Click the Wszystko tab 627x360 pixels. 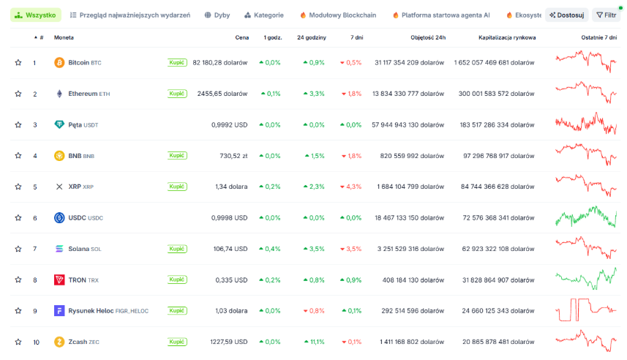(36, 15)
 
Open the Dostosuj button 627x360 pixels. (566, 15)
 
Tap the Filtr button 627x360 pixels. (607, 15)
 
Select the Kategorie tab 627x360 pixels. (264, 15)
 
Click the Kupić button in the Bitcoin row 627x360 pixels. (177, 62)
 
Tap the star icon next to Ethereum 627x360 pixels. (18, 94)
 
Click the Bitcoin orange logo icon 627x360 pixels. (59, 62)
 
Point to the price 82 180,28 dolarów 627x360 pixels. (220, 63)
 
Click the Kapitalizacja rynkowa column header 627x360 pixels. (507, 37)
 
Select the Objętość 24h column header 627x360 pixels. (428, 37)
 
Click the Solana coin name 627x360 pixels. (79, 249)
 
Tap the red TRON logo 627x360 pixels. (59, 280)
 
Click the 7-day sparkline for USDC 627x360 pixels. (586, 217)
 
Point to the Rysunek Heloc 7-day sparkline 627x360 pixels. (586, 310)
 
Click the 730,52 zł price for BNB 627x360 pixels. (233, 156)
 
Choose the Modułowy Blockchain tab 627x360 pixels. (338, 15)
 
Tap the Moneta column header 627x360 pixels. (64, 37)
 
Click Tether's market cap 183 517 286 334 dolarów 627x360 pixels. (497, 125)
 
